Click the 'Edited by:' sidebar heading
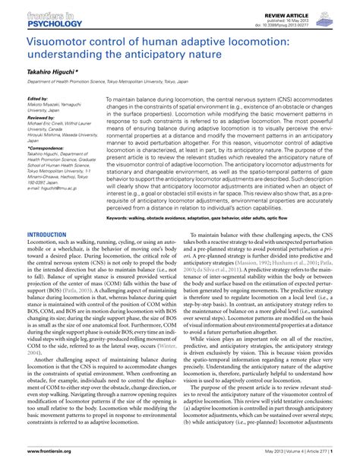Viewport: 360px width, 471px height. pyautogui.click(x=37, y=99)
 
